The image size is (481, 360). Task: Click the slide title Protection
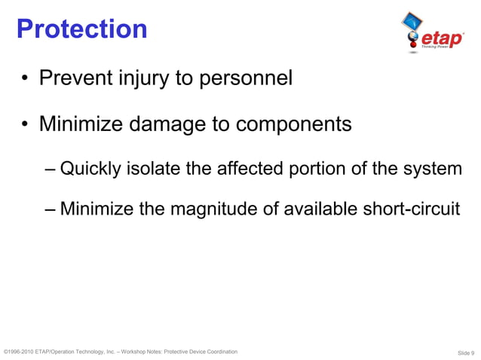point(81,29)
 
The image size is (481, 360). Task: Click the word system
point(436,169)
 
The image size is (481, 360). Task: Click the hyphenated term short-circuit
point(409,208)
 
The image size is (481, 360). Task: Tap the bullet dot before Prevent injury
point(26,79)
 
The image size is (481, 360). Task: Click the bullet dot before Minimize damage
point(26,124)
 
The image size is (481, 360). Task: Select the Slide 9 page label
point(466,352)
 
